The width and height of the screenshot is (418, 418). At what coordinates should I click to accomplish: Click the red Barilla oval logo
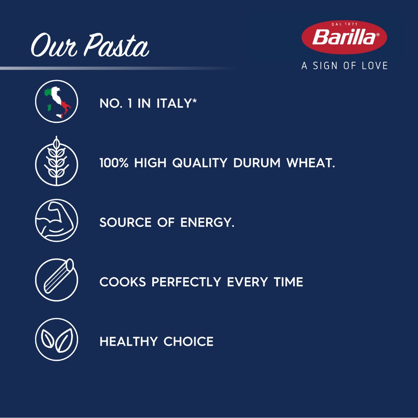(x=344, y=37)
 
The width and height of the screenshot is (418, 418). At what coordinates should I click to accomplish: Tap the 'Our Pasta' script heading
(x=90, y=45)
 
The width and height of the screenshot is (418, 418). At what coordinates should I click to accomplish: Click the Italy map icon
(x=56, y=101)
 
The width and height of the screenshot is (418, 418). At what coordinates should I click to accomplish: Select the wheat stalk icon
(x=56, y=161)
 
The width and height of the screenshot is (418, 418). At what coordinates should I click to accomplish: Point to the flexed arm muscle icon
(x=56, y=220)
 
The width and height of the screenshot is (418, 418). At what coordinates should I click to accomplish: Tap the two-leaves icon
(x=56, y=339)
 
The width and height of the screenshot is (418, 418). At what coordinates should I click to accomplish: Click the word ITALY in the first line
(x=176, y=103)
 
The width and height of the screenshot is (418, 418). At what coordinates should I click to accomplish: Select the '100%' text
(x=114, y=163)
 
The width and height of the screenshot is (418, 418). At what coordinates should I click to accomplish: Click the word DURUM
(x=257, y=163)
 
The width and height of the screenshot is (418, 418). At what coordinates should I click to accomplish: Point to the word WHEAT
(x=311, y=163)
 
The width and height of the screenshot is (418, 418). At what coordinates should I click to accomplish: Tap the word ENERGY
(x=207, y=222)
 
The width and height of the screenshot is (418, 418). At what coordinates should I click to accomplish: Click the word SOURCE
(x=125, y=222)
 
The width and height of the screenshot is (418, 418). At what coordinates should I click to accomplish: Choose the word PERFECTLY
(x=186, y=282)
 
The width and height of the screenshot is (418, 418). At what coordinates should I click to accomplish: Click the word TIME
(x=289, y=282)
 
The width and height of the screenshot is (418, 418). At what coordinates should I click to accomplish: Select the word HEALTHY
(x=129, y=341)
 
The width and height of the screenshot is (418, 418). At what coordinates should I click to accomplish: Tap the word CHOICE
(x=189, y=341)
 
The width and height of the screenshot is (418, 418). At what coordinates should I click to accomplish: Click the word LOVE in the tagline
(x=375, y=66)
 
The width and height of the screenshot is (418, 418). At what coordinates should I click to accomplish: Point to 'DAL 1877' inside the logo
(x=345, y=24)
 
